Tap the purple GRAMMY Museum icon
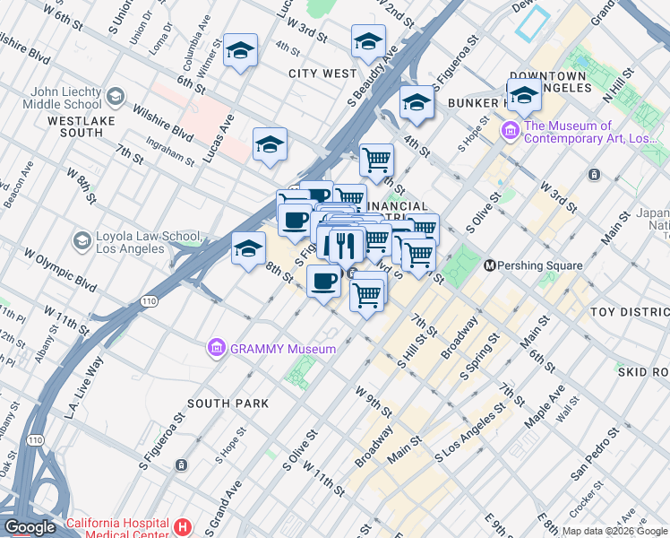[x=215, y=348]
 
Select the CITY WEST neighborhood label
[x=322, y=74]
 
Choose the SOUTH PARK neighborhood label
[x=228, y=403]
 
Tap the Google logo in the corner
[x=30, y=527]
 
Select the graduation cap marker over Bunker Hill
[x=524, y=95]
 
